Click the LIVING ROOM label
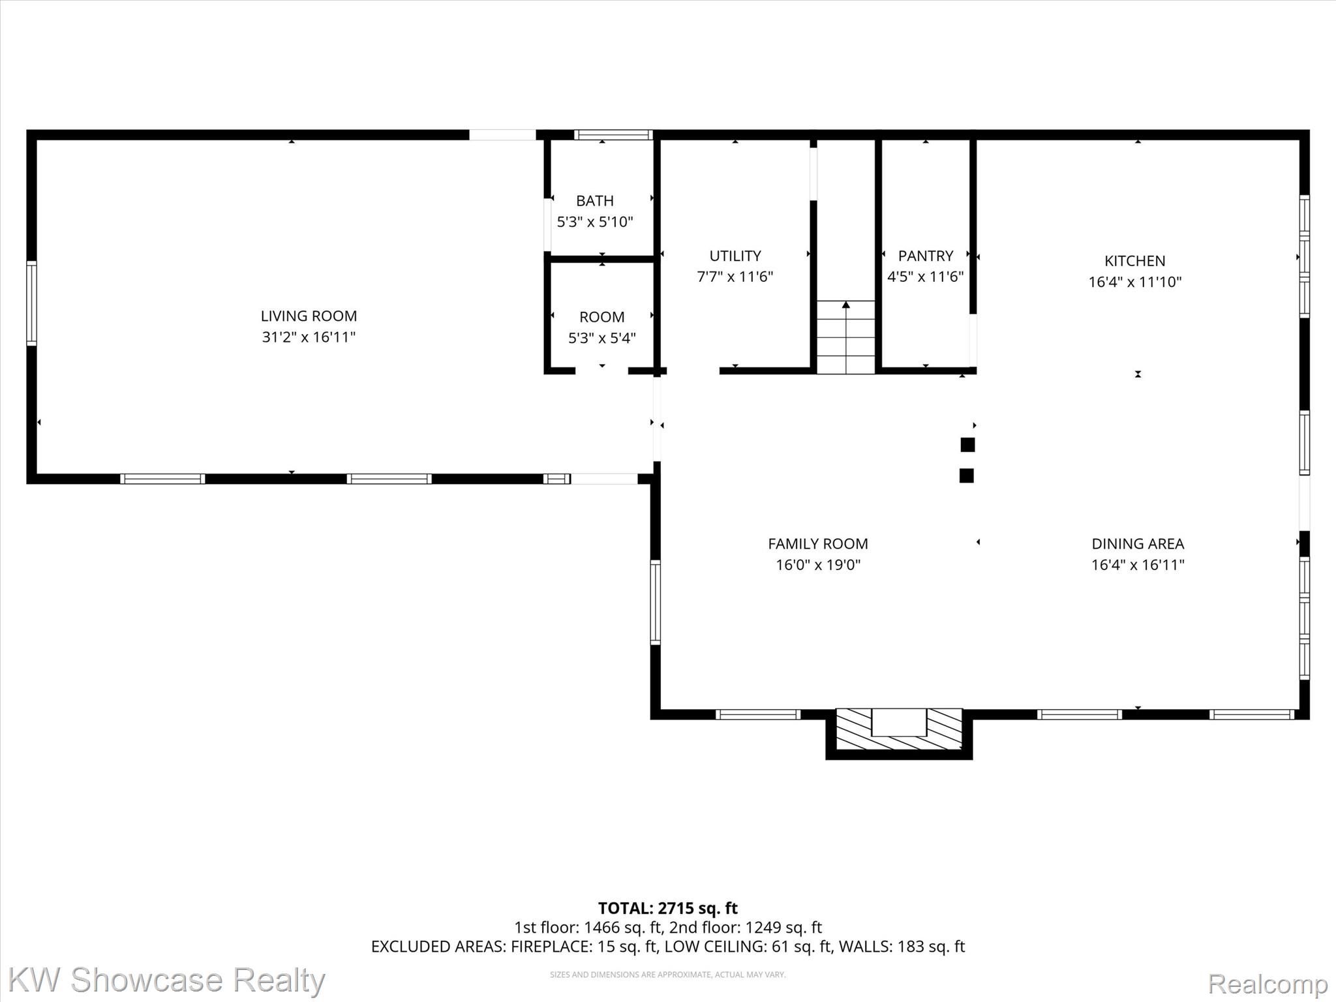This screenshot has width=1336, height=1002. click(x=309, y=316)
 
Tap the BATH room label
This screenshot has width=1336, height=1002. click(x=595, y=201)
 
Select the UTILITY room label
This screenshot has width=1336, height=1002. click(x=735, y=256)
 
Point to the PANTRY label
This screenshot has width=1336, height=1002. click(x=926, y=256)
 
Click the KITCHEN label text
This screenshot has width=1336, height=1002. click(x=1135, y=261)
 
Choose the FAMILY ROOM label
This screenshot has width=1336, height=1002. click(x=818, y=544)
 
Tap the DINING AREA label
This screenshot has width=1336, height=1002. click(x=1138, y=544)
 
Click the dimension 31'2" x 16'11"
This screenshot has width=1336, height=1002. click(x=309, y=337)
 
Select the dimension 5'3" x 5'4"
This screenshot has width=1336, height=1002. click(x=602, y=338)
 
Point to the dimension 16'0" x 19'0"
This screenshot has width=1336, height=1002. click(x=818, y=565)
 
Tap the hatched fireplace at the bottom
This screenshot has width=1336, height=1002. click(x=899, y=729)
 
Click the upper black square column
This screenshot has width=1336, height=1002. click(x=967, y=445)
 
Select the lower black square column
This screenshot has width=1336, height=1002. click(x=967, y=476)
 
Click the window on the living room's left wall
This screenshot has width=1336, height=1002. click(x=31, y=303)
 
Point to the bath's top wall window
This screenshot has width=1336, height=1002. click(x=613, y=135)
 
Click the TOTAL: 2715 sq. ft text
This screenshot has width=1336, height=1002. click(x=668, y=908)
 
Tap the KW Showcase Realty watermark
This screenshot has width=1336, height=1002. click(x=166, y=980)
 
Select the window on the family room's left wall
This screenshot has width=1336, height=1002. click(x=656, y=602)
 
